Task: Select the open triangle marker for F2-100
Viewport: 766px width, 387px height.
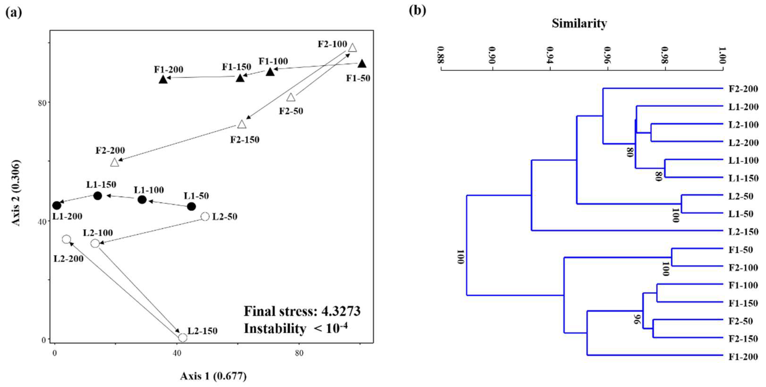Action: [x=352, y=48]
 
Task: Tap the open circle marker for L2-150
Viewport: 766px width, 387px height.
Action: [x=183, y=337]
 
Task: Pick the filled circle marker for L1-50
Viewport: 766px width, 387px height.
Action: [x=192, y=206]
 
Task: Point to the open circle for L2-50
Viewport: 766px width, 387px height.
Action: [x=205, y=216]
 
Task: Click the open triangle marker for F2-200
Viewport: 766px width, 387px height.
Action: [x=114, y=162]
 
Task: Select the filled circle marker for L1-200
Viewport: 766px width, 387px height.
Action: [x=56, y=205]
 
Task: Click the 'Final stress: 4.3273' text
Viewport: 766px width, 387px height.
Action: [x=302, y=311]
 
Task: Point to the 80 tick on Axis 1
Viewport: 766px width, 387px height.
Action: [x=299, y=353]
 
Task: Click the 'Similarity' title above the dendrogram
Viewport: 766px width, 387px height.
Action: [x=579, y=24]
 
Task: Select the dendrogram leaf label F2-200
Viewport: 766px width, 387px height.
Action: [x=743, y=89]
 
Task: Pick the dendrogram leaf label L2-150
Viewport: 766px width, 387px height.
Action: [x=743, y=232]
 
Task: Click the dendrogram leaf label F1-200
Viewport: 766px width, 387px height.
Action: [x=743, y=356]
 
